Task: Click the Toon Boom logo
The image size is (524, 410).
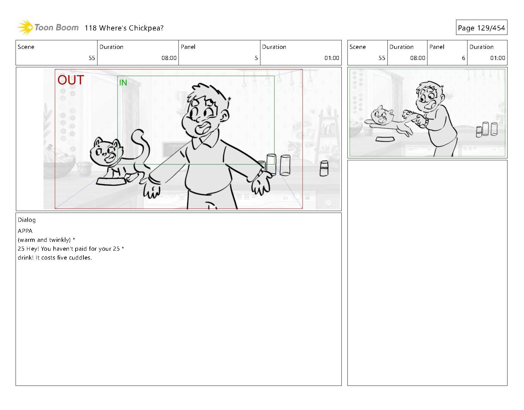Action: point(48,28)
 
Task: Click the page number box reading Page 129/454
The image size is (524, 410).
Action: point(481,28)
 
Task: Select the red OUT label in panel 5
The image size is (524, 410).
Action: point(71,80)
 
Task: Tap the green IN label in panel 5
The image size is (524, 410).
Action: point(123,83)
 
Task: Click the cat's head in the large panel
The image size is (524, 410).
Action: point(106,152)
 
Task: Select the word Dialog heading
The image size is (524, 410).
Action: point(27,220)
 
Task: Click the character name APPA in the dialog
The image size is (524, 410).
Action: point(25,231)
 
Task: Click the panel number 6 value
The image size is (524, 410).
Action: point(463,58)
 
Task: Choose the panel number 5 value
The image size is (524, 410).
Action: point(256,58)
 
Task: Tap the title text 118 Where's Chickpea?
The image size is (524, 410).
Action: point(124,28)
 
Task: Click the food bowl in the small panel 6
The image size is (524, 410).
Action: point(385,139)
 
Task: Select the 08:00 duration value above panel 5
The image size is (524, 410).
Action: point(169,58)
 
